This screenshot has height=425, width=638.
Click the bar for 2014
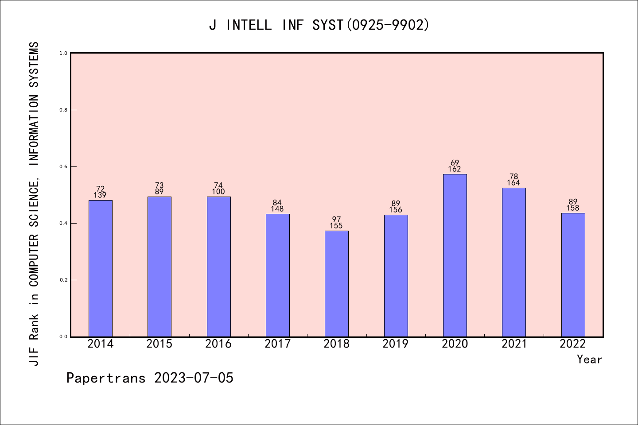(101, 268)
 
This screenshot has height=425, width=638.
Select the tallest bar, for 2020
(455, 255)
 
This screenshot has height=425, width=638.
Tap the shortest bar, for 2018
(337, 284)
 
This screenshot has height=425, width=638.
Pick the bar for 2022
(573, 275)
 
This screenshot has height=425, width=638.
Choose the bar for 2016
(218, 267)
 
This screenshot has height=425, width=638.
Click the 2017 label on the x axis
(277, 344)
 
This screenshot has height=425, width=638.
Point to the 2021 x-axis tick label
(514, 344)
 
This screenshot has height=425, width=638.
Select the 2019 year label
(396, 344)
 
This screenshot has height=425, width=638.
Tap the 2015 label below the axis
(159, 344)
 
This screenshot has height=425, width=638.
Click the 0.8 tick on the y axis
(63, 110)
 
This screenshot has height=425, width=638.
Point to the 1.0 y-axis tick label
(63, 53)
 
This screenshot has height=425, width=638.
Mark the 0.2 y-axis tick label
(63, 280)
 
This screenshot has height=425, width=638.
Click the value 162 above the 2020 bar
(455, 169)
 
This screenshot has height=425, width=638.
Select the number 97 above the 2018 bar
(337, 220)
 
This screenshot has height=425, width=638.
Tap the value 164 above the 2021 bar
(514, 183)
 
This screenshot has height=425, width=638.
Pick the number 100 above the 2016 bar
(218, 192)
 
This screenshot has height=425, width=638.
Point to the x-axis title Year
(589, 359)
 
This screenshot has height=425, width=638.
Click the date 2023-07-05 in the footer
(194, 378)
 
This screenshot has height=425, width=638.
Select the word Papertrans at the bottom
(106, 378)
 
